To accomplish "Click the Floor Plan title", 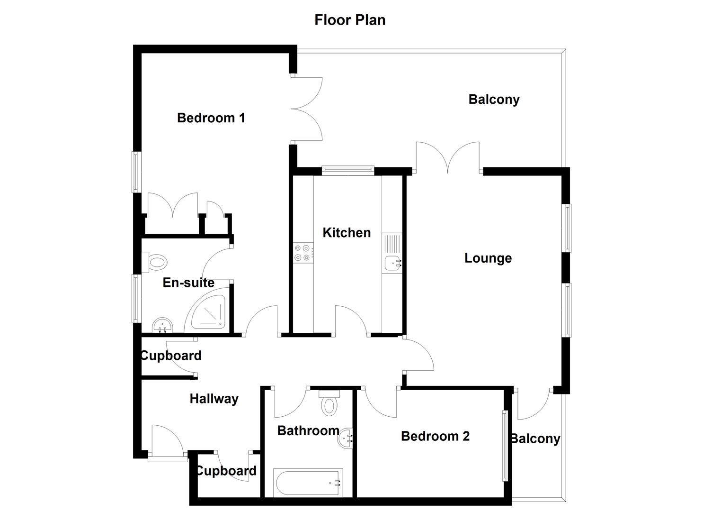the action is click(350, 20).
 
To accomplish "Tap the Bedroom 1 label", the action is click(211, 118).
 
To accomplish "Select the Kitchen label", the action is click(347, 233).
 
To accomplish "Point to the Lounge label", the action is click(488, 258).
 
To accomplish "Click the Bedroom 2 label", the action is click(436, 436).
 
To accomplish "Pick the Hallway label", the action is click(214, 399).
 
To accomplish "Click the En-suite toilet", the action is click(154, 262).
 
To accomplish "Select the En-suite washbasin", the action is click(162, 326).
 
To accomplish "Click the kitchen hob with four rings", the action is click(303, 253).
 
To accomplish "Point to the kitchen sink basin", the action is click(392, 263).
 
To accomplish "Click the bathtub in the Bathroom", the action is click(308, 483).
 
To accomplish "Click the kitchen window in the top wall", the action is click(348, 171).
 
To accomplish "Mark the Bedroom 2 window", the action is click(505, 446).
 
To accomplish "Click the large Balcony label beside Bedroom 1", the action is click(494, 100).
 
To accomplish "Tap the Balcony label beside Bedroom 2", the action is click(536, 439).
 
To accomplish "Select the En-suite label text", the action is click(188, 283).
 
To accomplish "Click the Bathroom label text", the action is click(308, 431).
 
